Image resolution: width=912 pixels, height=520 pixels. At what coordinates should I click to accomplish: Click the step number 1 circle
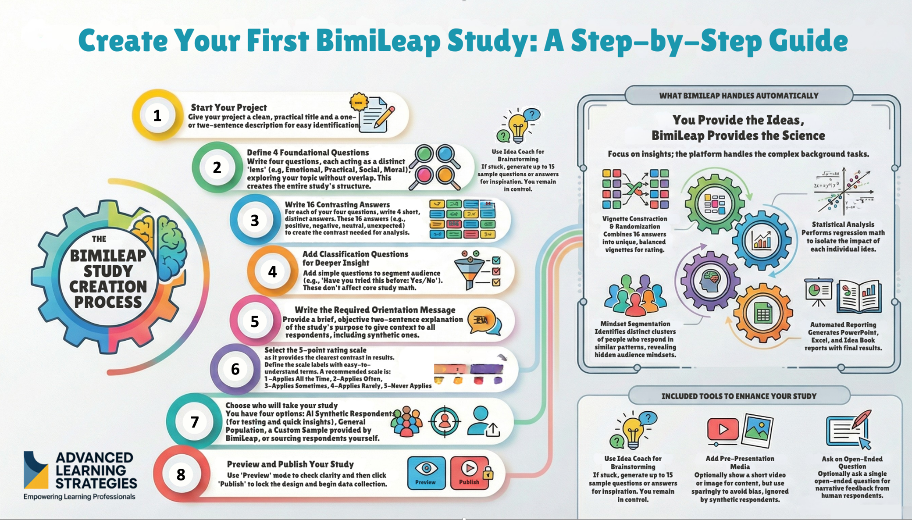point(157,115)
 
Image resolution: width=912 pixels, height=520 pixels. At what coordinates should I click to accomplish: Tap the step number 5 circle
point(255,321)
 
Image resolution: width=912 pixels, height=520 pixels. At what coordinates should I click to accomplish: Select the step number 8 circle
point(181,474)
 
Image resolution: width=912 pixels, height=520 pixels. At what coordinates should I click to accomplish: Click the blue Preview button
point(426,473)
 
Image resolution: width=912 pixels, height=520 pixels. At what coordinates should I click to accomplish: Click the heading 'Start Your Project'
point(228,107)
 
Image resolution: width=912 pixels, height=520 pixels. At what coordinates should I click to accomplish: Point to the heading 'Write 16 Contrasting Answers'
point(337,204)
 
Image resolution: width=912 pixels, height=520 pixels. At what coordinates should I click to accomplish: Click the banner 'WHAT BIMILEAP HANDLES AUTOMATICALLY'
point(738,96)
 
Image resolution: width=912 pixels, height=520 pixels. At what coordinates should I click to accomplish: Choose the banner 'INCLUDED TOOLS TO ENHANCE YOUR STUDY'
point(738,396)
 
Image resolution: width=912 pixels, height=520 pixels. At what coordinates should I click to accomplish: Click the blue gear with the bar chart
point(762,240)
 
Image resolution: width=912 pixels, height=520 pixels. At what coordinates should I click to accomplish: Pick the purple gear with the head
point(710,281)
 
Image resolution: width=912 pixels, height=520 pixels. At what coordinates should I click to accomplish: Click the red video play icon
point(723,429)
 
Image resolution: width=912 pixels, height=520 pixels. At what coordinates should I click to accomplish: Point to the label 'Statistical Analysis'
point(843,224)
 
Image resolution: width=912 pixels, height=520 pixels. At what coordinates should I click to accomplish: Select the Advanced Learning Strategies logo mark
point(36,470)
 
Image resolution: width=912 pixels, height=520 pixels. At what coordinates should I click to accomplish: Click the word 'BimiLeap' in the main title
point(378,40)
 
